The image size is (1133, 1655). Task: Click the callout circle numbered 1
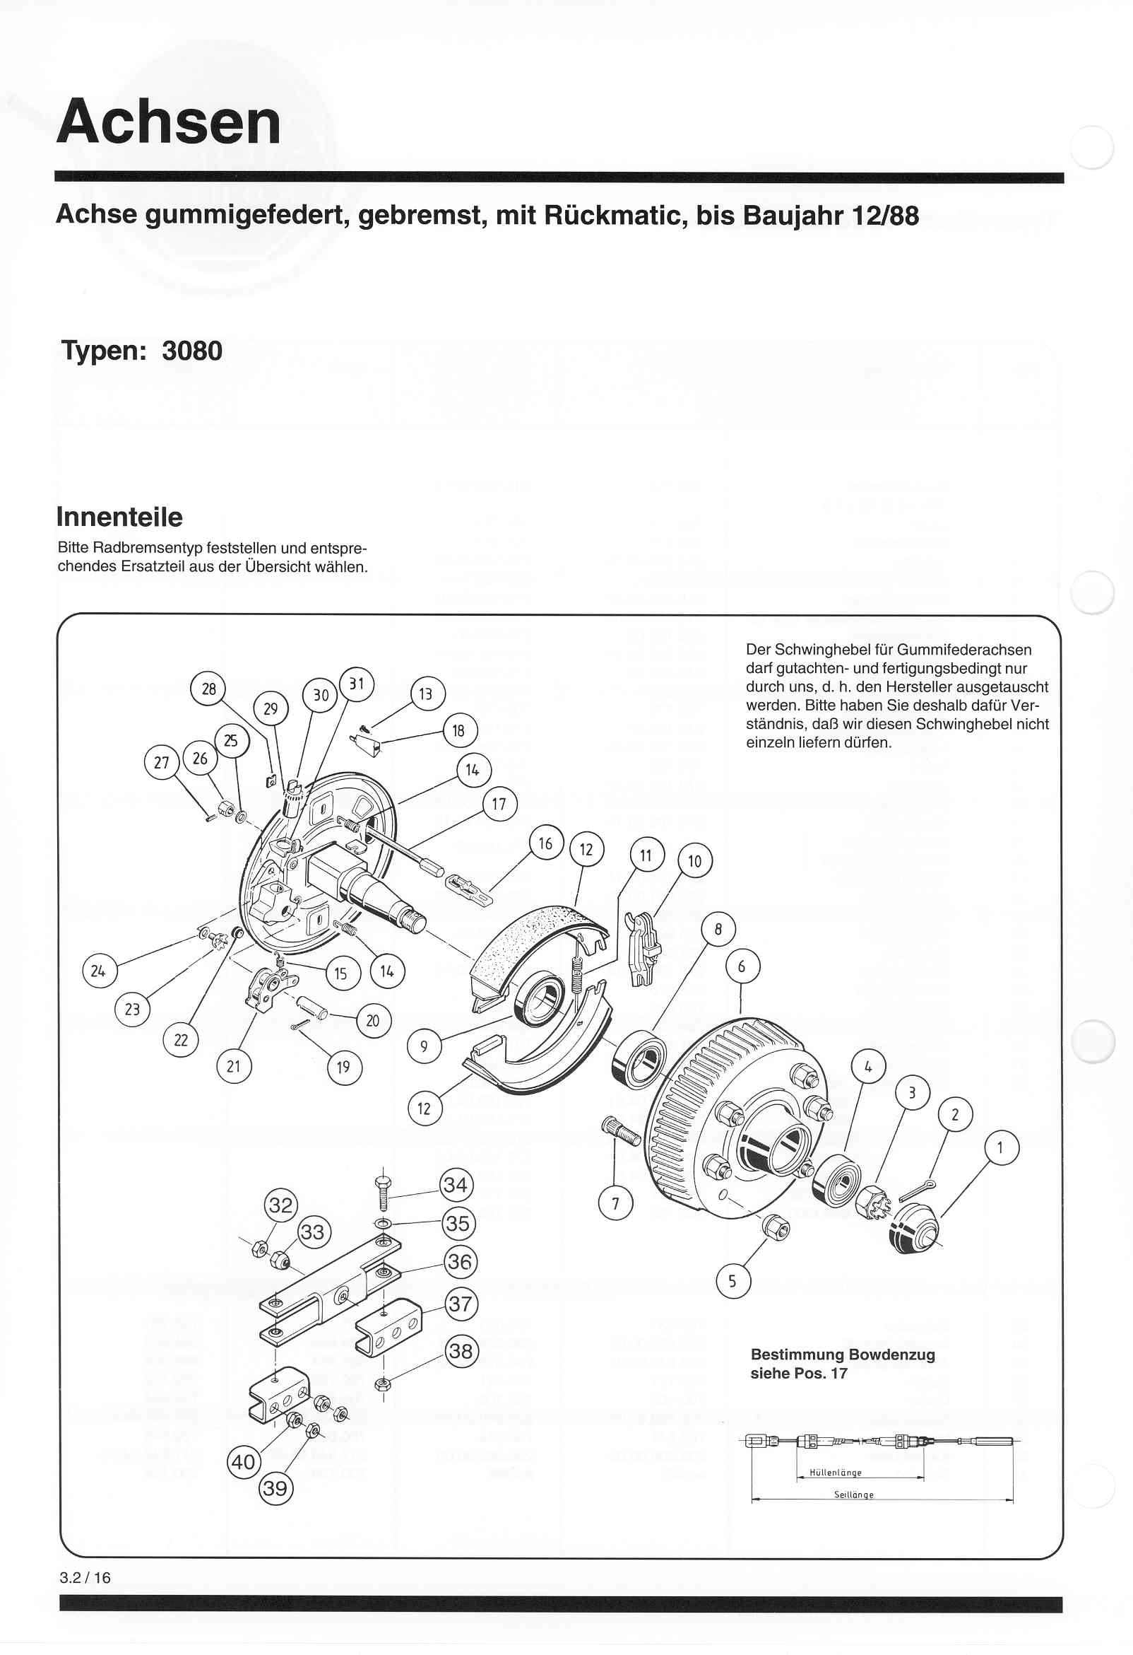1002,1148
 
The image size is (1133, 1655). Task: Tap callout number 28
208,689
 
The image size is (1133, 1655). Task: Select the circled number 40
244,1462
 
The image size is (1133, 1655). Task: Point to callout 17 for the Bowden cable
499,804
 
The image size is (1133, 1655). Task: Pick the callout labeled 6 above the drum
742,966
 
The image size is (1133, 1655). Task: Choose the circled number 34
456,1185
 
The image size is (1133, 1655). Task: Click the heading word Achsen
169,122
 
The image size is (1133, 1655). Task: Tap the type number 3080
192,351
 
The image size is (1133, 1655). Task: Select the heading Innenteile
119,517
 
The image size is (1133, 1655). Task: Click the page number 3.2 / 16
85,1577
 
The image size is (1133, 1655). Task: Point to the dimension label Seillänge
853,1495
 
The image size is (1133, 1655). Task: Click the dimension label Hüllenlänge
836,1473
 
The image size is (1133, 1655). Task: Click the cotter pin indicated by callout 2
918,1189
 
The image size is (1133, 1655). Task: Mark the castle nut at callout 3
874,1203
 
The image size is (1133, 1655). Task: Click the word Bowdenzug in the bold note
891,1355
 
